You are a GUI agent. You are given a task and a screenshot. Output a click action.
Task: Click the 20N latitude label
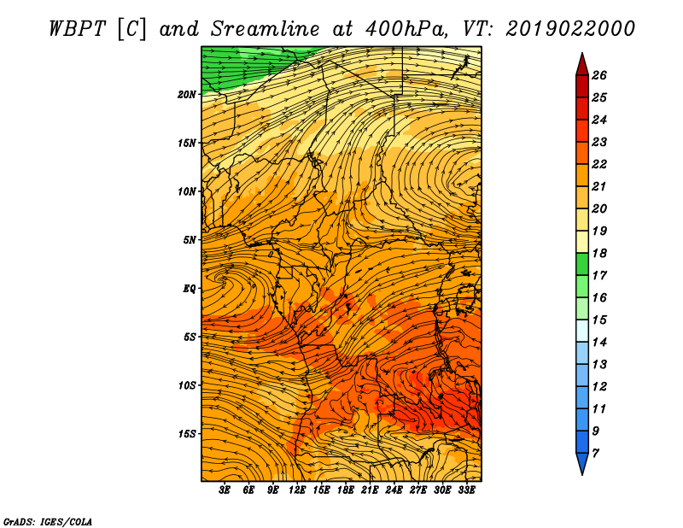pos(187,94)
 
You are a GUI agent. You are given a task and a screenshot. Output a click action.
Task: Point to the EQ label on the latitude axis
pos(190,288)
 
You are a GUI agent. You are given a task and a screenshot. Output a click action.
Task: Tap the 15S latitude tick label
pos(187,433)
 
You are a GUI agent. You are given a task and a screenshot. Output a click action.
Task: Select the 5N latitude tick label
pos(190,240)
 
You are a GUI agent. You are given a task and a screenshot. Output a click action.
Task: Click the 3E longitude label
pos(225,490)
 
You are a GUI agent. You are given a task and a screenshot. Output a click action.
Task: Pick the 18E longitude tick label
pos(346,490)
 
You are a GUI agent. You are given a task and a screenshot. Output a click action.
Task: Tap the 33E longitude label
pos(466,490)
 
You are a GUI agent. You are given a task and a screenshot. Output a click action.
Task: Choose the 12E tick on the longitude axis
pos(297,490)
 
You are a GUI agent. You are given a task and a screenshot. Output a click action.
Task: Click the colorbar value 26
pos(599,75)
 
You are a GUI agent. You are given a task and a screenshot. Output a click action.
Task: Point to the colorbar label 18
pos(599,253)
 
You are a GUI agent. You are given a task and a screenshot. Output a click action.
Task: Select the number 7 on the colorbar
pos(595,454)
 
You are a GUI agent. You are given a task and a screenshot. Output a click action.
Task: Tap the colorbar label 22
pos(599,164)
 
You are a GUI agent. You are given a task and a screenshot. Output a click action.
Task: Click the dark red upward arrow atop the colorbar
pos(582,65)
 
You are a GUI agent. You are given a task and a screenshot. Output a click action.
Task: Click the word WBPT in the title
pos(77,29)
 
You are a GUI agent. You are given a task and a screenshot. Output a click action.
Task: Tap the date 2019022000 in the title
pos(570,29)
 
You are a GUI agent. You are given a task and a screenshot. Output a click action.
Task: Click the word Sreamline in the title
pos(266,29)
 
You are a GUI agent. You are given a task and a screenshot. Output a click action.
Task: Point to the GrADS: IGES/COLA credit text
pos(48,522)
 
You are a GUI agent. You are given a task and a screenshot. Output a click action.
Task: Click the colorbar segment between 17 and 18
pos(582,264)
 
